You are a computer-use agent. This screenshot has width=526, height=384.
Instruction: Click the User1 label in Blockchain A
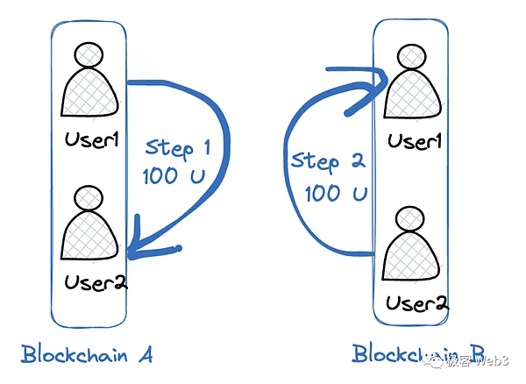(90, 139)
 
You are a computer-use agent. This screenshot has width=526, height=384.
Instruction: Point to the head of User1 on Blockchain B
(413, 57)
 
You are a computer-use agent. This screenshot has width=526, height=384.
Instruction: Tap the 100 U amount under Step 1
(174, 176)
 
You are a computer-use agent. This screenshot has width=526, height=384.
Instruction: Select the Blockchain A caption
(88, 355)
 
